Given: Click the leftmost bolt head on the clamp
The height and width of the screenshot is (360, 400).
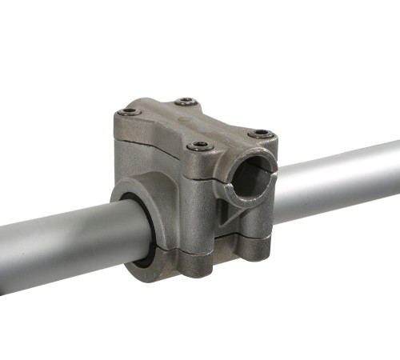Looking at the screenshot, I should (x=128, y=112).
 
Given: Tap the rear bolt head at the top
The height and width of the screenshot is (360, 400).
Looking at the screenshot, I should (x=186, y=102).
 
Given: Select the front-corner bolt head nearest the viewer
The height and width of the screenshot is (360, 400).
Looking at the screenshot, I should (x=199, y=146).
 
